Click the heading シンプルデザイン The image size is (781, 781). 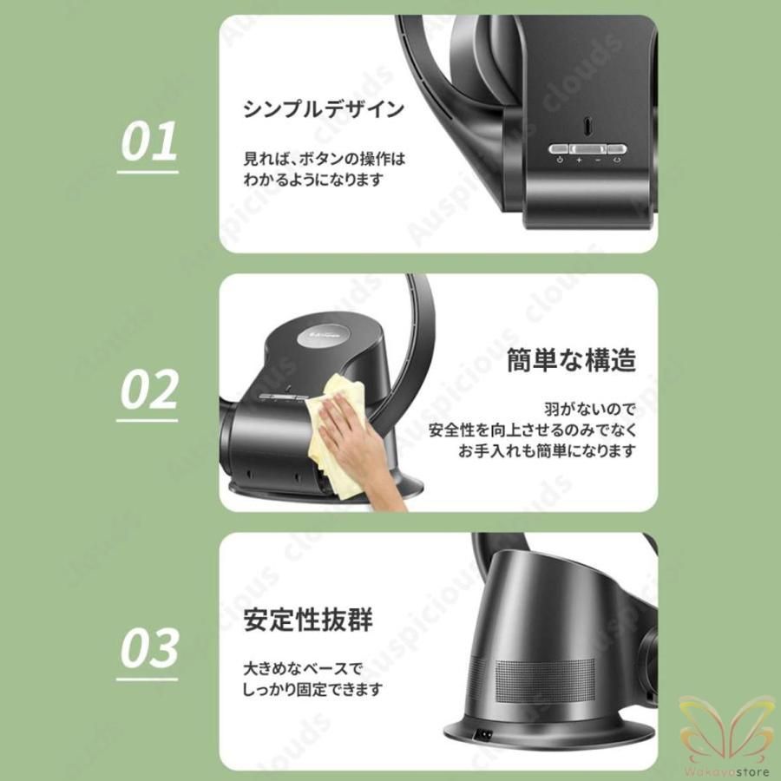click(x=324, y=109)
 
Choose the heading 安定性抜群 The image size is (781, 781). click(x=308, y=622)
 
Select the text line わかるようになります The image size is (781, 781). click(x=312, y=181)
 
